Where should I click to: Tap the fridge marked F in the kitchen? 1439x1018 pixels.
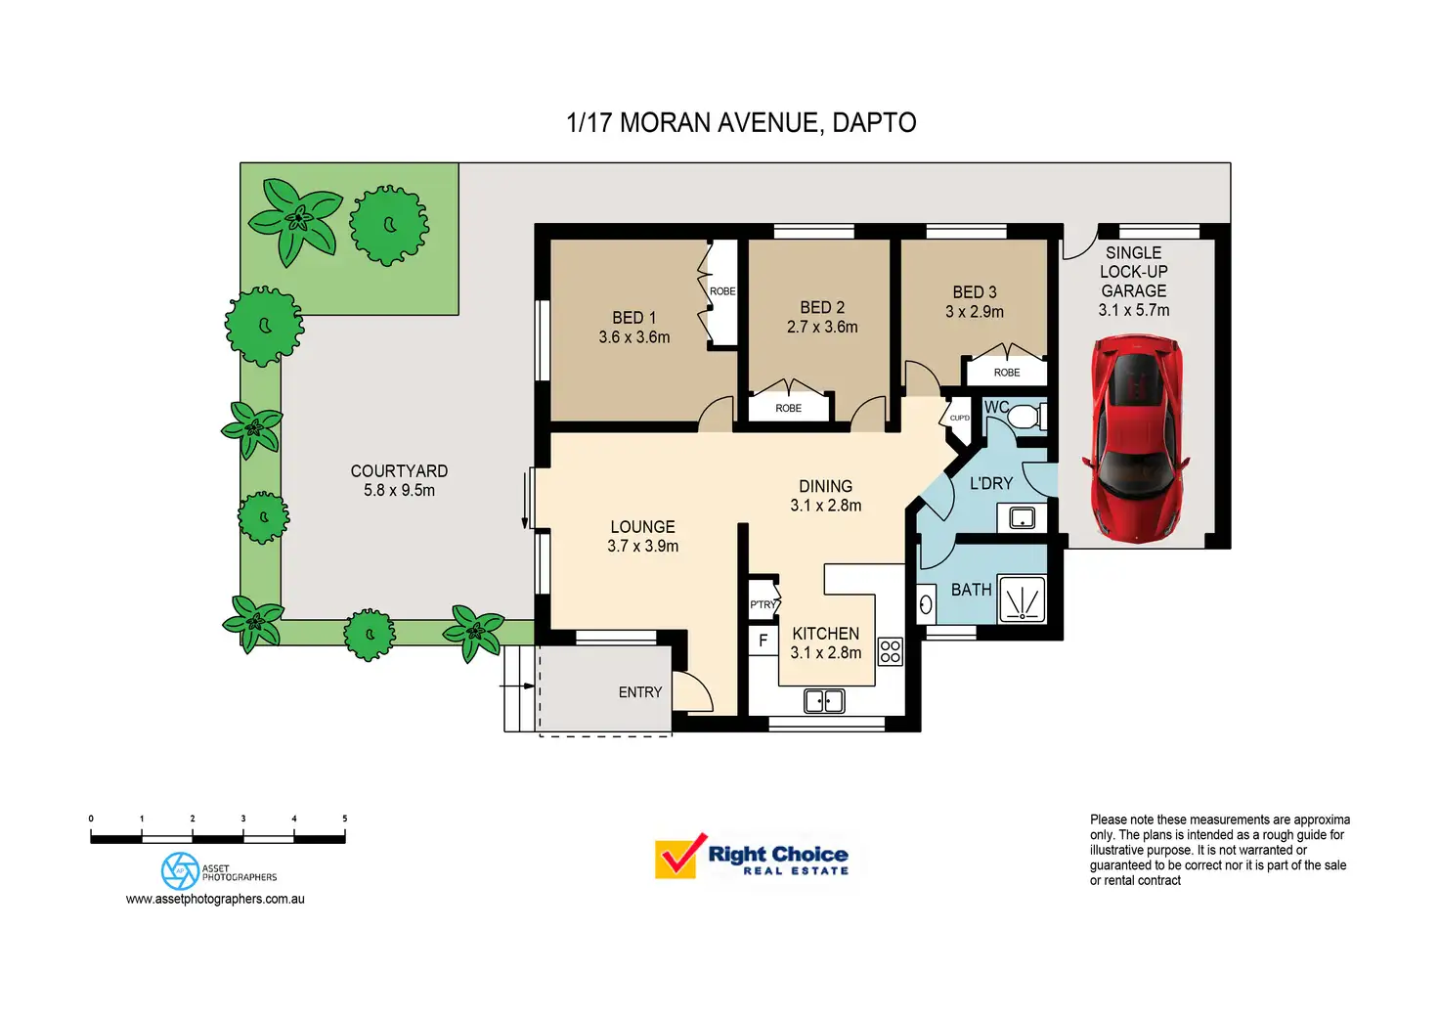click(763, 641)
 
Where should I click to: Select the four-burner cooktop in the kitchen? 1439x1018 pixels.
click(890, 651)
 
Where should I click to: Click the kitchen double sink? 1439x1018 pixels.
click(824, 701)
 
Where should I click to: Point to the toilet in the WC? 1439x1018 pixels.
click(1022, 418)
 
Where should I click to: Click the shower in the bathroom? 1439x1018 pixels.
click(1022, 599)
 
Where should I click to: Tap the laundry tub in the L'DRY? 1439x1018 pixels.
click(1022, 518)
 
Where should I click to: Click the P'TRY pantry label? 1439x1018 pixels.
click(763, 604)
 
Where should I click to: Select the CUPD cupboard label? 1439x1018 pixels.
click(959, 419)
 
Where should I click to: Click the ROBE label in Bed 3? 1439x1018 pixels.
click(1007, 373)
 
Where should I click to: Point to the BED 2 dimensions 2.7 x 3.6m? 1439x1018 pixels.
click(822, 328)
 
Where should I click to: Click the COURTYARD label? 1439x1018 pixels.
click(399, 471)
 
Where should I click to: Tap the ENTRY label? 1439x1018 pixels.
click(640, 692)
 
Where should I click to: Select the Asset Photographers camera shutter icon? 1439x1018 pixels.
click(180, 870)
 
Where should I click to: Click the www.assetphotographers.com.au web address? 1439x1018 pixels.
click(215, 899)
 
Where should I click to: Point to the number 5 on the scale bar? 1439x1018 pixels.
click(344, 819)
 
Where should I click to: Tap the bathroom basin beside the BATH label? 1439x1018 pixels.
click(926, 605)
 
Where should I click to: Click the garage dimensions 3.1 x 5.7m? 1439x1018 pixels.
click(1133, 310)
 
